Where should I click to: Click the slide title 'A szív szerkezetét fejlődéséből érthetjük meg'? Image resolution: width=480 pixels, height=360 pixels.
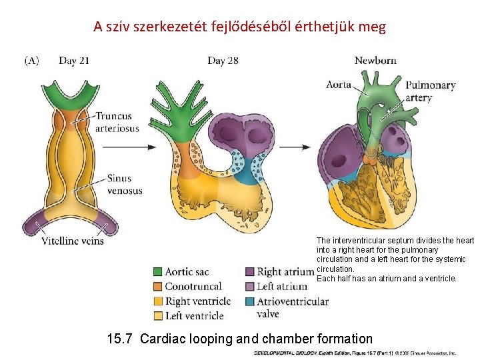[239, 27]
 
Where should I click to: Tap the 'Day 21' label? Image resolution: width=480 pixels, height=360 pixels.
[74, 61]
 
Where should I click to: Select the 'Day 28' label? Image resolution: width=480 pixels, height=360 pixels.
[223, 61]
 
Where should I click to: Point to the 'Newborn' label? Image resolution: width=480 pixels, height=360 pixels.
[375, 61]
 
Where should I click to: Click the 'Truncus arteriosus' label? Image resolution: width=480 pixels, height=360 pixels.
[117, 122]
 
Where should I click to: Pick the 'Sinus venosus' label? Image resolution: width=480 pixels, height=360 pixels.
[125, 184]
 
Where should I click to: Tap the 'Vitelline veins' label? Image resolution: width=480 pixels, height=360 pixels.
[73, 241]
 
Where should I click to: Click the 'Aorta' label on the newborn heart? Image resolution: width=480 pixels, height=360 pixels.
[339, 85]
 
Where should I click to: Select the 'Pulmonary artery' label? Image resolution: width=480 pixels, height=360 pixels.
[430, 91]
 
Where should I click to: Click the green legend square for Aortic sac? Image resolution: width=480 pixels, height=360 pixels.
[157, 272]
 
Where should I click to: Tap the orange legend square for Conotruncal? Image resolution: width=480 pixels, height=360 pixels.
[157, 287]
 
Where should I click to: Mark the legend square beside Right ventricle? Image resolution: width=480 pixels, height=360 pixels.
[157, 301]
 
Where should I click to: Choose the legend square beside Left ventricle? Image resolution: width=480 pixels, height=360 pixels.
[157, 316]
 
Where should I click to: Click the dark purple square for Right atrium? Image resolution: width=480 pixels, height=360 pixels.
[249, 272]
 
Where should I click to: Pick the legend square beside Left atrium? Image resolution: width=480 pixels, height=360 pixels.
[249, 287]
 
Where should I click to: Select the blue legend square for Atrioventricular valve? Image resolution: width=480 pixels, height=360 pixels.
[249, 301]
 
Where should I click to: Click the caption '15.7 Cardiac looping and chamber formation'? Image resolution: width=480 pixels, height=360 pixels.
[240, 339]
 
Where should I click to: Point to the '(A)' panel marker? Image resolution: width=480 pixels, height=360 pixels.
[33, 61]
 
